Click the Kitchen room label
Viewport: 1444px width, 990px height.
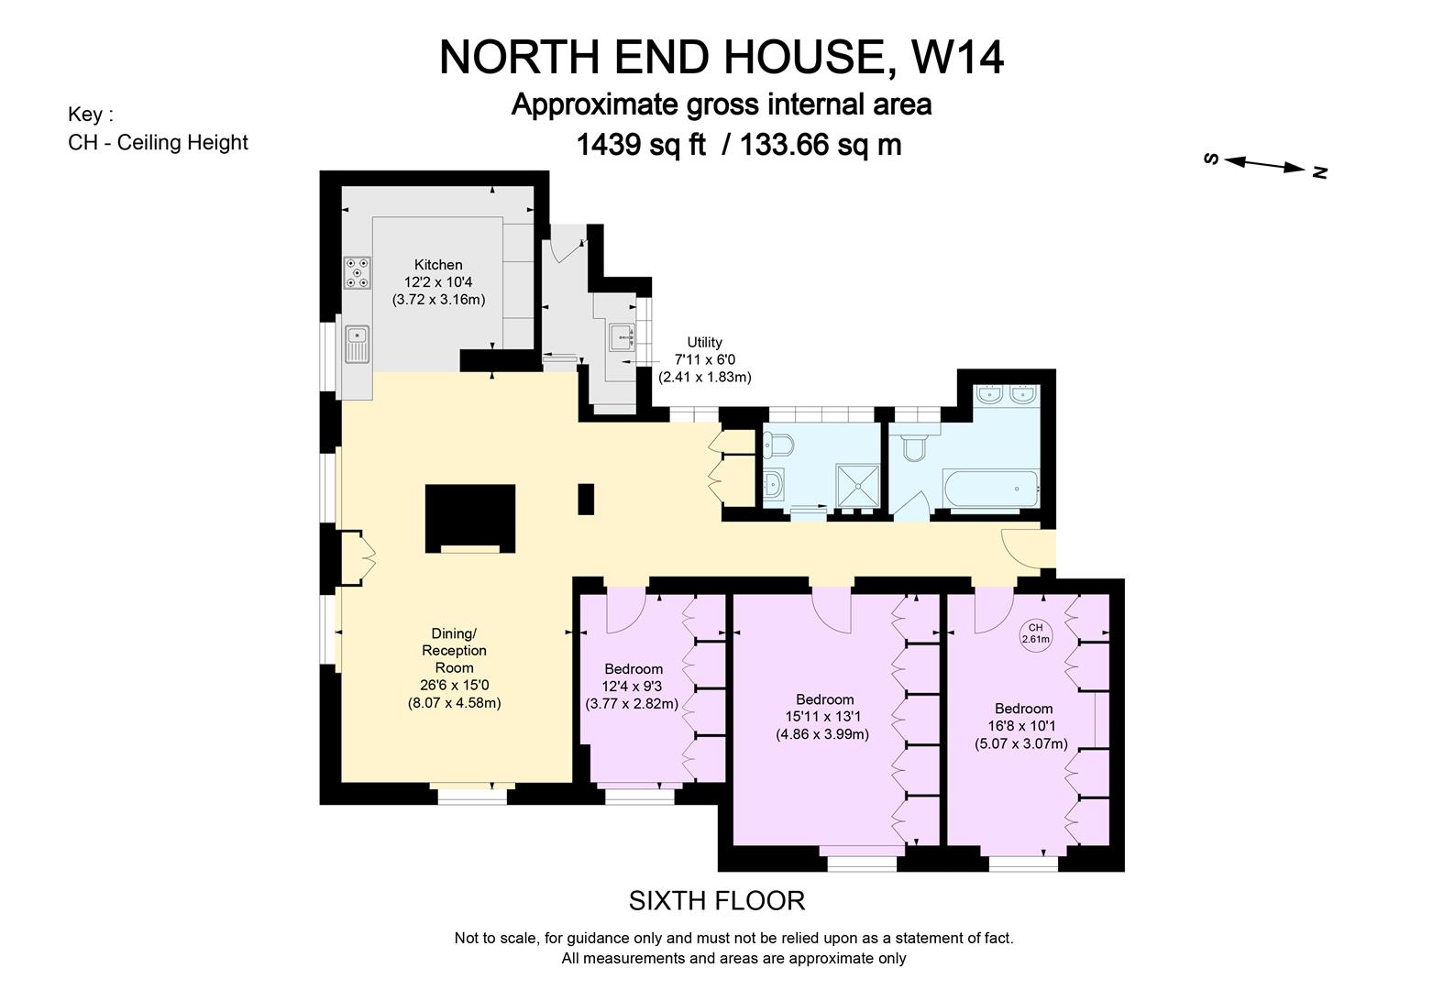coord(438,265)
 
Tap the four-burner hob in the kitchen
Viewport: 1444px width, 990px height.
coord(358,272)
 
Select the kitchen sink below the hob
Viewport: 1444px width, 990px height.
coord(356,345)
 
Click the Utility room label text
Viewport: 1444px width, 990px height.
coord(704,343)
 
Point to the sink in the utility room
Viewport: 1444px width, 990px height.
coord(622,337)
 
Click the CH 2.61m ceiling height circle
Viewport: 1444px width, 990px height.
coord(1036,634)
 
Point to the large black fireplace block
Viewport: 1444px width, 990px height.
coord(469,516)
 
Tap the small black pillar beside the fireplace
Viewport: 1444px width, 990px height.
coord(586,499)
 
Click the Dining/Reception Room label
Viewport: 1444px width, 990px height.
coord(454,651)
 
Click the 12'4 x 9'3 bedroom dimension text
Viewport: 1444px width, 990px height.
coord(632,687)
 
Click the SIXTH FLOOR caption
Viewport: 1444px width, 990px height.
coord(717,901)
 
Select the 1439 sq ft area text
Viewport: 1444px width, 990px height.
coord(640,145)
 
